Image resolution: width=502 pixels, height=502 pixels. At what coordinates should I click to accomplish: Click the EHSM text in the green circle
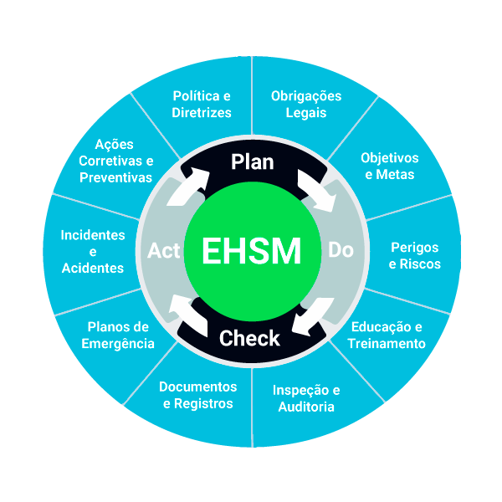point(251,250)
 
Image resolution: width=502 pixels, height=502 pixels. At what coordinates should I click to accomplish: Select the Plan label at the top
point(252,161)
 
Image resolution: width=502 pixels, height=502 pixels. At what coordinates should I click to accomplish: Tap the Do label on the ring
point(341,250)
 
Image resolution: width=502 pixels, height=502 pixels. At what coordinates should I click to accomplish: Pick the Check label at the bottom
point(249,339)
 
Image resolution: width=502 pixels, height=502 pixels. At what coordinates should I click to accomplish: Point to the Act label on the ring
point(164,250)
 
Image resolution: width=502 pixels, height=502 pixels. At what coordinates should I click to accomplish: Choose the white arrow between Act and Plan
point(188,187)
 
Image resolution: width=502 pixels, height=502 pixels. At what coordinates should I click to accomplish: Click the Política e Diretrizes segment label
point(202,104)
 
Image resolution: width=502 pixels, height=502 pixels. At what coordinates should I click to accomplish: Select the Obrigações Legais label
point(306,104)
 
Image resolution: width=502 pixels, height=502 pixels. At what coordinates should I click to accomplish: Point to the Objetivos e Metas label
point(389,166)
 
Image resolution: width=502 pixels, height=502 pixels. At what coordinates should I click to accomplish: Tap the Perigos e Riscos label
point(416,256)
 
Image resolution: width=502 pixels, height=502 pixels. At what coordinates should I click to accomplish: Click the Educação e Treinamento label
point(387,335)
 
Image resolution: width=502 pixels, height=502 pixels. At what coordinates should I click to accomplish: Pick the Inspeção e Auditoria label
point(306,398)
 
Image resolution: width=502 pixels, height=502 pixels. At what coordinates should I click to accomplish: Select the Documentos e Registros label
point(197,395)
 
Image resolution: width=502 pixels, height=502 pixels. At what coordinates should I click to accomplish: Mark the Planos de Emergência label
point(118,335)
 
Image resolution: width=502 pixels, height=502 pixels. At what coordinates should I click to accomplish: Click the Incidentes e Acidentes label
point(92,251)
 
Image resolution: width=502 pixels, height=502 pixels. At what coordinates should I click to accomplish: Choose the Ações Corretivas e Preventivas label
point(115,161)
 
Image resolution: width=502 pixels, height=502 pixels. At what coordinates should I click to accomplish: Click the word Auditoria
point(306,407)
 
